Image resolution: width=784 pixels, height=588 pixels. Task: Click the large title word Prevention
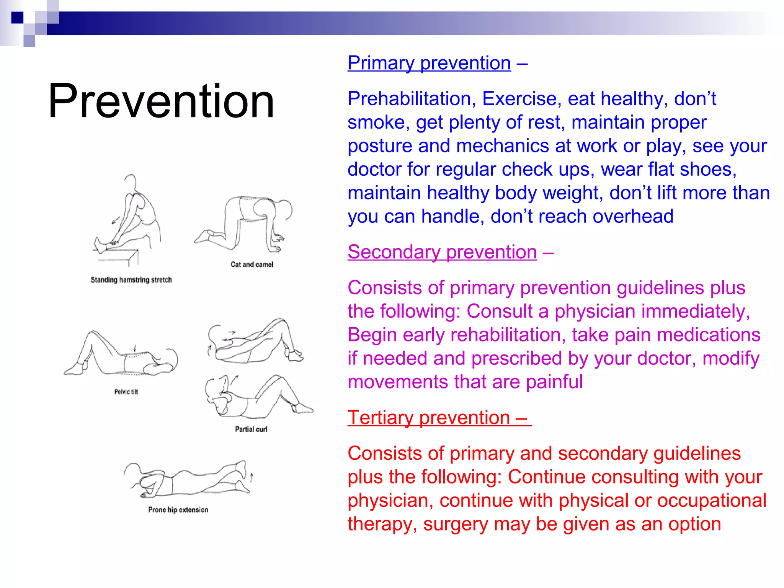point(161,101)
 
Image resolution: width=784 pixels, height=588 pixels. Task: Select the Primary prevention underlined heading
point(429,63)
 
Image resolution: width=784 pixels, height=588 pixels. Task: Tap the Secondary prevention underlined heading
point(442,252)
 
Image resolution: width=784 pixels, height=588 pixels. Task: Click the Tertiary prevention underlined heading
point(439,417)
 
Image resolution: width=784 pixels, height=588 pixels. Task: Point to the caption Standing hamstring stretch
point(131,280)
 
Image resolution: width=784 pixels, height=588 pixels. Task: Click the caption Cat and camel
point(252,265)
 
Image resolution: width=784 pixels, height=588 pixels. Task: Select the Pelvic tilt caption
point(126,392)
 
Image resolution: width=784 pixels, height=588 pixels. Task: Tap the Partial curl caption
point(251,430)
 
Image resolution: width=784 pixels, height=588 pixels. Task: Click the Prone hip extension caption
point(178,510)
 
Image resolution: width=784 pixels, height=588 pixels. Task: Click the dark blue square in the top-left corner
point(17,18)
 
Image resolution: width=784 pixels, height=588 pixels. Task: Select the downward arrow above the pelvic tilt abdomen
point(134,348)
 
